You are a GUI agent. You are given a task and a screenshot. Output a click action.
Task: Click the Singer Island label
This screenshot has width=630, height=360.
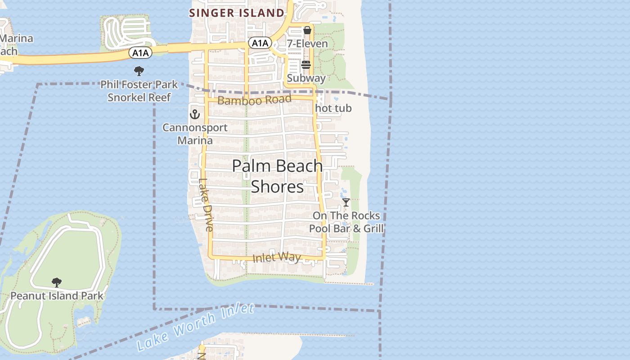(237, 13)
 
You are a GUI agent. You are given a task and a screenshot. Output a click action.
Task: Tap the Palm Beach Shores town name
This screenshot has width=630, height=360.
(277, 176)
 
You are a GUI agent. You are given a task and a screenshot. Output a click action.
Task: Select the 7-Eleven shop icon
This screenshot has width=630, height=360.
(307, 31)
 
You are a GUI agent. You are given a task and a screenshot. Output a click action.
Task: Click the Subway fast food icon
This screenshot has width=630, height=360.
(306, 65)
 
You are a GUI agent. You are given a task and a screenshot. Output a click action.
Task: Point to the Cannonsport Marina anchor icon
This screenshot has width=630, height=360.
(195, 114)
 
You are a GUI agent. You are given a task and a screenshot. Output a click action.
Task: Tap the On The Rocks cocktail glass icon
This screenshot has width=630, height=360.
(346, 202)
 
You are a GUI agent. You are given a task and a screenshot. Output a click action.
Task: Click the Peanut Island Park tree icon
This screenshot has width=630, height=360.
(57, 283)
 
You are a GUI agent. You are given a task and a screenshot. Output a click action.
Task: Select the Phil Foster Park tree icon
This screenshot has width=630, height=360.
(139, 71)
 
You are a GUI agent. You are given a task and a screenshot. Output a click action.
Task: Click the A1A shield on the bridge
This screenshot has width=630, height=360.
(140, 53)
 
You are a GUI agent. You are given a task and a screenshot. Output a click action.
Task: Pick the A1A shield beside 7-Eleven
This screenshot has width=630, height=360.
(260, 43)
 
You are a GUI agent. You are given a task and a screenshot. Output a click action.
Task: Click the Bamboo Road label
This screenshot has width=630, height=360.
(254, 100)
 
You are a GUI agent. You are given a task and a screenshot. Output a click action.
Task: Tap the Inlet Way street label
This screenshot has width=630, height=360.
(277, 257)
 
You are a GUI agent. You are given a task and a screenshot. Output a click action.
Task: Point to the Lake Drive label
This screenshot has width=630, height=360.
(205, 205)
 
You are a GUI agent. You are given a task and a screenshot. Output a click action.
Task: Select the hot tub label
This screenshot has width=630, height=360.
(333, 108)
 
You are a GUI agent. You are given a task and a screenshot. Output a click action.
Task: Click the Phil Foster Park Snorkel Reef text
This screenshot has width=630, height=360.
(139, 91)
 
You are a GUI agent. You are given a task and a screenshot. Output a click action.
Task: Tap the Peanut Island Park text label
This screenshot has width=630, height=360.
(57, 296)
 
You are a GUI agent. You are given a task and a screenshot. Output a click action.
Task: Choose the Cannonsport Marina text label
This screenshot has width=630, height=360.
(195, 134)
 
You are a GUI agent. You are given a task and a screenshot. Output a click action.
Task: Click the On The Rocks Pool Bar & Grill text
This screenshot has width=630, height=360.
(346, 222)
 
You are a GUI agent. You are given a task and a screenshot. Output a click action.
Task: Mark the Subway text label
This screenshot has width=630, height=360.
(306, 78)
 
